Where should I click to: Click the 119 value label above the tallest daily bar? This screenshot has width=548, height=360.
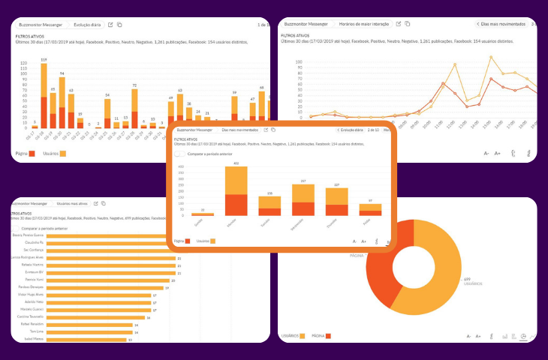pos(44,59)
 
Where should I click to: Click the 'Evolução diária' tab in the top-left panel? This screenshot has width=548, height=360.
pos(88,25)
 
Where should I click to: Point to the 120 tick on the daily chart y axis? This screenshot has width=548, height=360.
pos(24,63)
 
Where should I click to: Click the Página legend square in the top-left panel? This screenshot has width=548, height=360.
pos(32,153)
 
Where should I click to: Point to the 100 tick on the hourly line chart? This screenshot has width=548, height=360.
pos(299,61)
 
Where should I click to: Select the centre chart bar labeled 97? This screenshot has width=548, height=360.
pos(366,209)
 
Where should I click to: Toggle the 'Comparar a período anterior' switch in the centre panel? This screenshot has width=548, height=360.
pos(179,154)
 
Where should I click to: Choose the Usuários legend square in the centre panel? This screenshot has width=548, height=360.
pos(213,241)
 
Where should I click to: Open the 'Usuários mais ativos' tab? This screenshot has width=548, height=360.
pos(73,203)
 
